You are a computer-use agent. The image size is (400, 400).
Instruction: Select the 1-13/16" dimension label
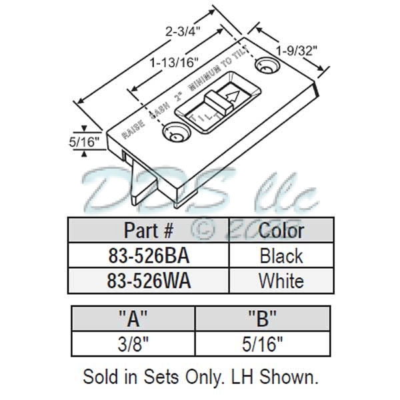coord(171,64)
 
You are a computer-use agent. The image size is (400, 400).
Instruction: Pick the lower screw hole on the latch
coord(175,133)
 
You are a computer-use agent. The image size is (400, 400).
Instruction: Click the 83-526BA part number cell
coord(149,255)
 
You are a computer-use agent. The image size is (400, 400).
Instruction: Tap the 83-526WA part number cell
coord(149,281)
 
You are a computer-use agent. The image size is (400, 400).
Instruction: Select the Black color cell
coord(281,255)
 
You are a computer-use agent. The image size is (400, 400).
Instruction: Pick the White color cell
coord(281,281)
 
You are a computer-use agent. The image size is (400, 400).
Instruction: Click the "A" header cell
coord(133,318)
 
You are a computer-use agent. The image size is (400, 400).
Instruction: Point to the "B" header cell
coord(262,318)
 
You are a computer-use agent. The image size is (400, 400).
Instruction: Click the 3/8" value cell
coord(133,343)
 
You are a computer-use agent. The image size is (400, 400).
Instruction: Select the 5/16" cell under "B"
coord(262,343)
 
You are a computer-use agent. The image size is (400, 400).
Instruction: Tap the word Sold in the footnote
coord(99,377)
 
